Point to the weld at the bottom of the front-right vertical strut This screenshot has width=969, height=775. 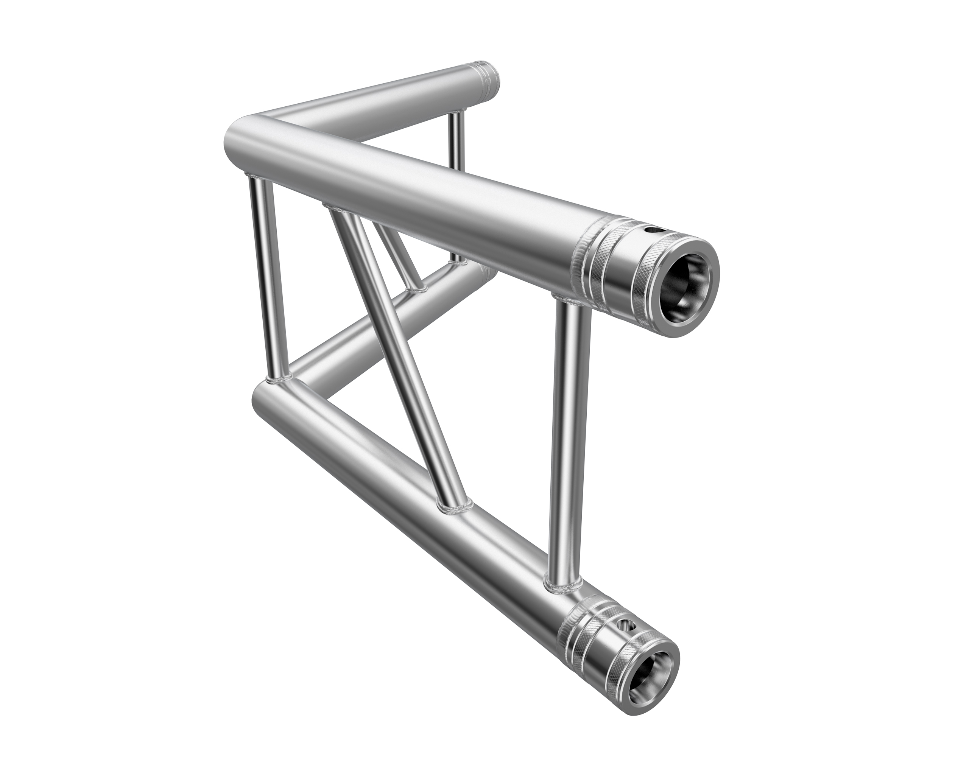(562, 585)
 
